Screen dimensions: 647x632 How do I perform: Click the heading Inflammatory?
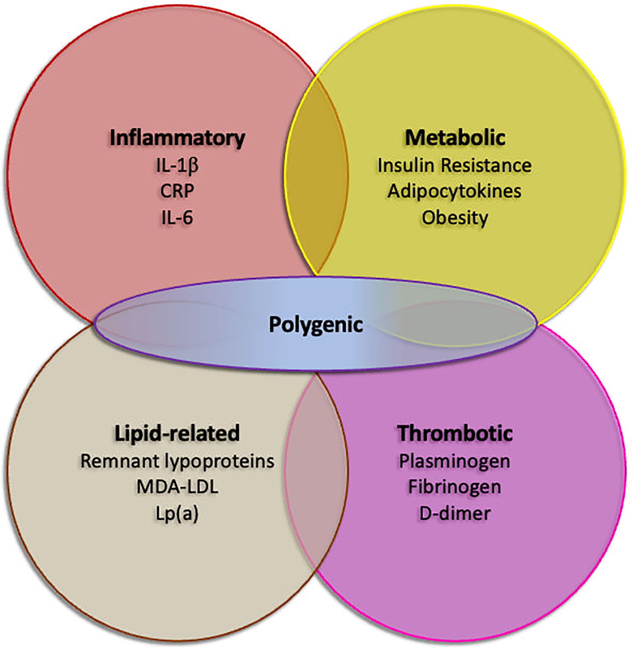pyautogui.click(x=177, y=138)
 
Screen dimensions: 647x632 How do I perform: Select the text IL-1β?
pyautogui.click(x=177, y=166)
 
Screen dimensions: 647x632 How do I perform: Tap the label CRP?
pyautogui.click(x=177, y=191)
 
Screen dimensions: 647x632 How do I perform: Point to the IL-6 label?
pyautogui.click(x=177, y=218)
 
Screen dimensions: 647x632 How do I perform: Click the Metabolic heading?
pyautogui.click(x=455, y=138)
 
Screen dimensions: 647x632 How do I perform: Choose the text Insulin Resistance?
pyautogui.click(x=454, y=166)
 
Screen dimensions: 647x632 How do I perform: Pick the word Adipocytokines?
pyautogui.click(x=454, y=191)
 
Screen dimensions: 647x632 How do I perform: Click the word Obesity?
pyautogui.click(x=455, y=218)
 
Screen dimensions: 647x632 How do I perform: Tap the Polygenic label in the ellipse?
pyautogui.click(x=316, y=324)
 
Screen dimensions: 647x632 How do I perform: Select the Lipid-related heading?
pyautogui.click(x=177, y=433)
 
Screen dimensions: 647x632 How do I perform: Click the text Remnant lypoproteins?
pyautogui.click(x=177, y=461)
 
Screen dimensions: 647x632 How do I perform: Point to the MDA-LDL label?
pyautogui.click(x=177, y=487)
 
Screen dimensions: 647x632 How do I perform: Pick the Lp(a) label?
pyautogui.click(x=177, y=513)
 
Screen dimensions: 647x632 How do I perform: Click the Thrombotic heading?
pyautogui.click(x=455, y=433)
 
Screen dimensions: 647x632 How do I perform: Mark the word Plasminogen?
pyautogui.click(x=454, y=461)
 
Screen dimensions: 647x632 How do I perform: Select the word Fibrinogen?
pyautogui.click(x=454, y=487)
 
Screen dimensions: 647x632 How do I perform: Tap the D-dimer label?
pyautogui.click(x=455, y=513)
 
